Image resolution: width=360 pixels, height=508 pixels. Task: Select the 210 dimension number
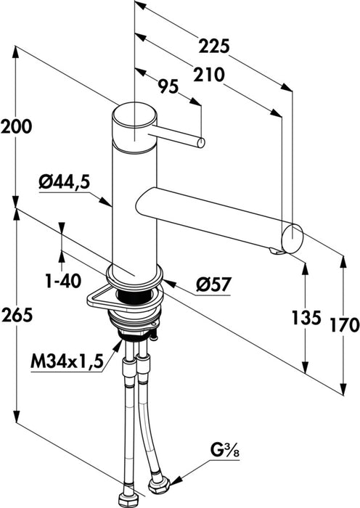208,73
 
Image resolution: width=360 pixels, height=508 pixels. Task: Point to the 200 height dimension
16,126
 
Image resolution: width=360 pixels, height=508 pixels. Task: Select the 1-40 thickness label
63,280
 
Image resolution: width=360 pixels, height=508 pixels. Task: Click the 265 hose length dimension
16,316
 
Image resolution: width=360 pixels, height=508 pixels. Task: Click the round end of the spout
292,237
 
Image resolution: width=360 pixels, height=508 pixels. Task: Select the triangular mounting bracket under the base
97,297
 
